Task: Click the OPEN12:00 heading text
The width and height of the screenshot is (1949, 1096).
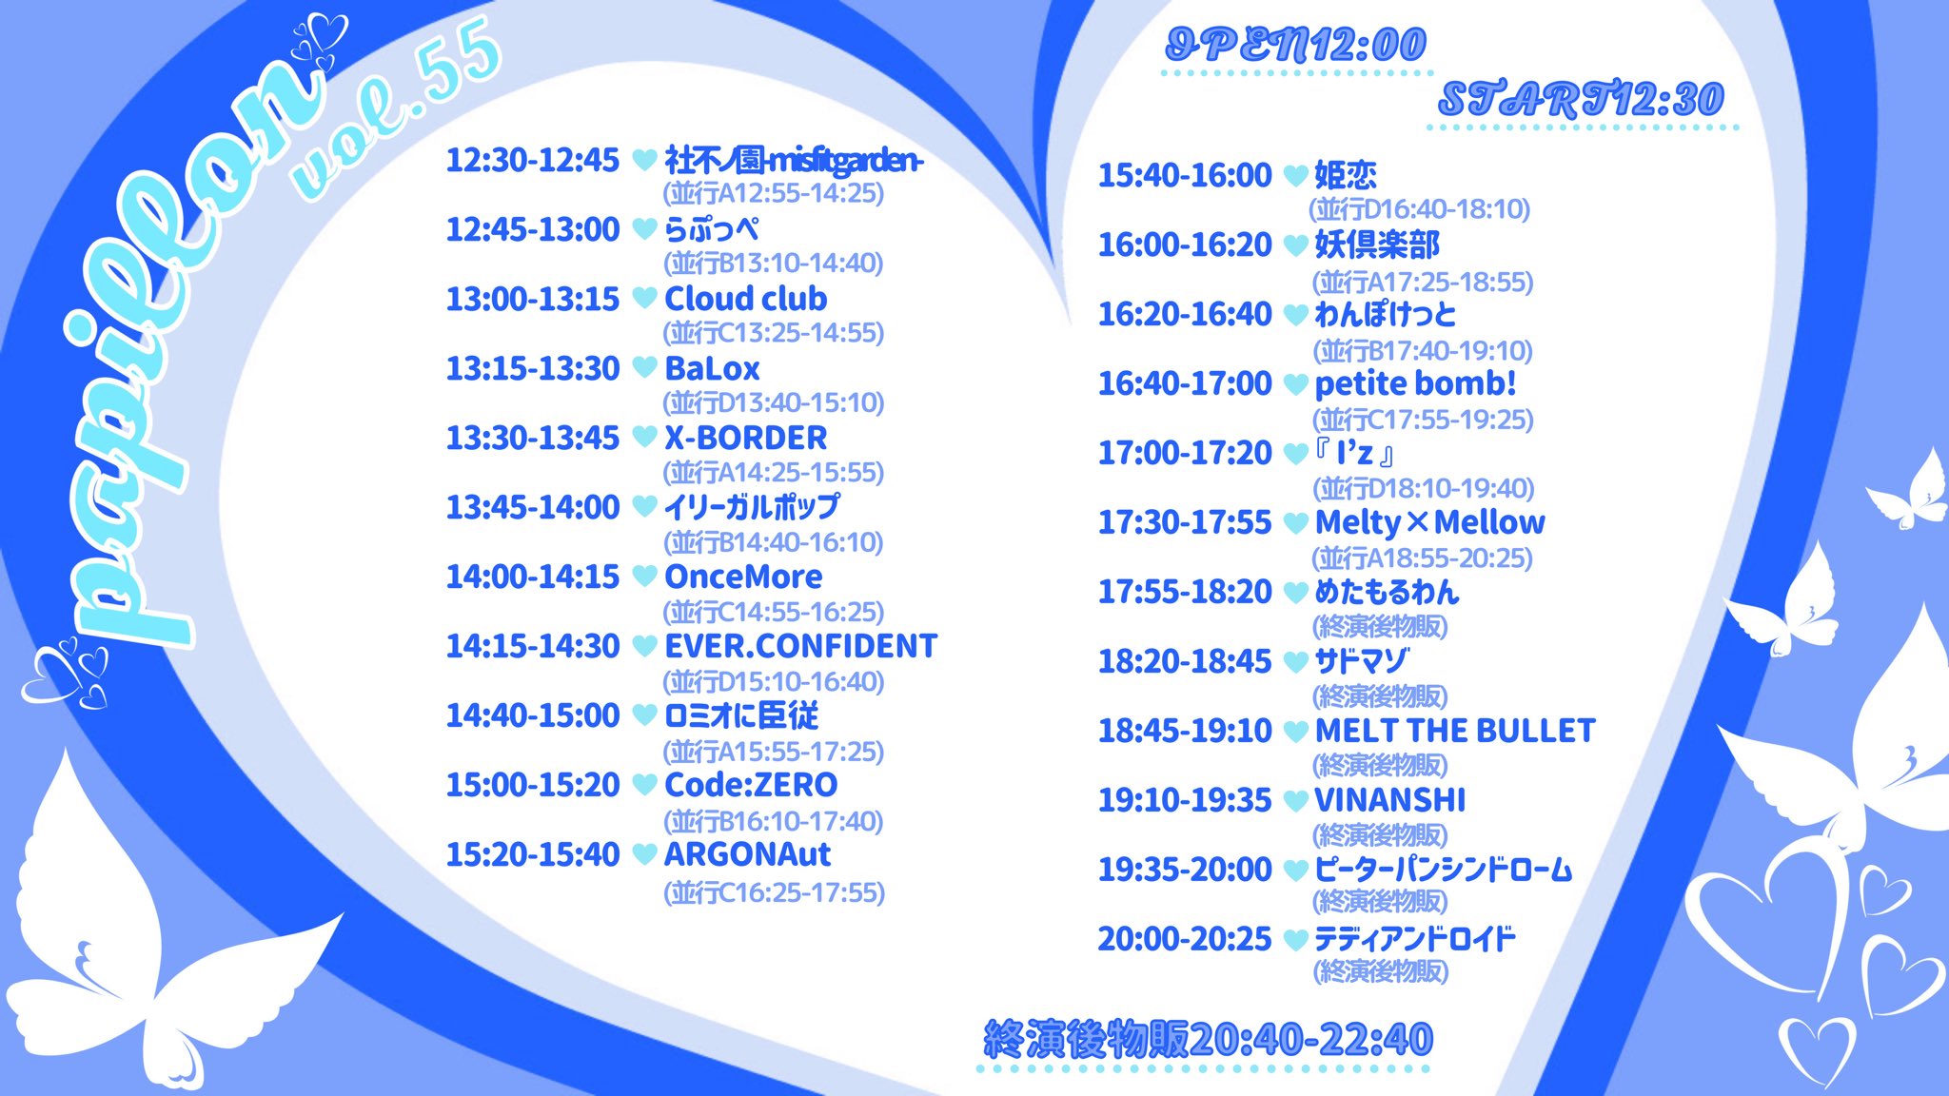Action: coord(1296,45)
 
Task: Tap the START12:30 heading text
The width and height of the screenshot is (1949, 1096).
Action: coord(1581,99)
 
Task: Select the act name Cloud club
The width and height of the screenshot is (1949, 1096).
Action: coord(746,299)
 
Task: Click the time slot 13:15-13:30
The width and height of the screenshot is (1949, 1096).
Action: coord(533,368)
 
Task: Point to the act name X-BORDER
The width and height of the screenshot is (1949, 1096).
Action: coord(746,438)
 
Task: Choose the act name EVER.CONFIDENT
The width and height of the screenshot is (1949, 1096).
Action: coord(800,646)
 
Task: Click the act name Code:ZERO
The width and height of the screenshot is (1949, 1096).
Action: coord(751,785)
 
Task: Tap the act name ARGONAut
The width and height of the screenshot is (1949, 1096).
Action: coord(747,854)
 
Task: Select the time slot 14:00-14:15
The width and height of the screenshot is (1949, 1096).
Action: coord(533,577)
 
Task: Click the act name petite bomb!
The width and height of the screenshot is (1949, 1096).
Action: coord(1415,383)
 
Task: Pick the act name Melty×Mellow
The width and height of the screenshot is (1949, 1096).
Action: coord(1429,522)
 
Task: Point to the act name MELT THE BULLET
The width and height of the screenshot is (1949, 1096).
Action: coord(1454,731)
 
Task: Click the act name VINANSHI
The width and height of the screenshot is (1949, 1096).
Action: coord(1389,800)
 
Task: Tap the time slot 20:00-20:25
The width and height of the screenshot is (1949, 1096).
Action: coord(1185,939)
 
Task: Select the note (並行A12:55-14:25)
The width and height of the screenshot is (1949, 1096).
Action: coord(774,193)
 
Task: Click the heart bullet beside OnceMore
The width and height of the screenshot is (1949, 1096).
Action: coord(644,576)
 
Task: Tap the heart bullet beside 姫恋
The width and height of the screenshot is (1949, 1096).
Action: coord(1295,175)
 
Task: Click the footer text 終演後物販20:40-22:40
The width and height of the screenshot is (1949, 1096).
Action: coord(1208,1039)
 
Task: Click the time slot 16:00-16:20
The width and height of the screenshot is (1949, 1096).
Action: coord(1185,245)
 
